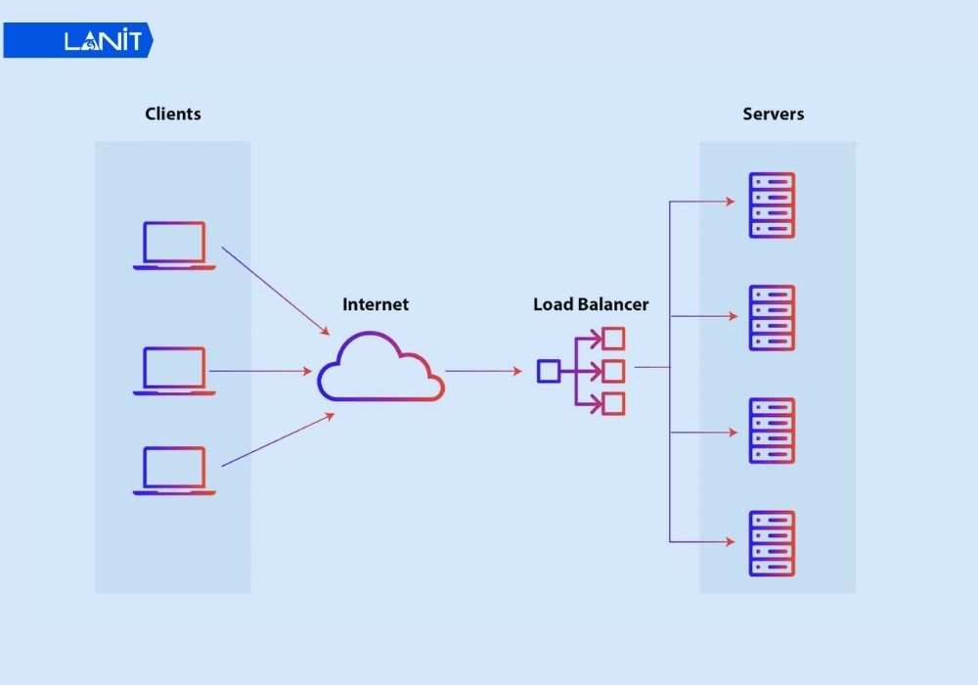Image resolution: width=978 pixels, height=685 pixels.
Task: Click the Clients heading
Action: click(173, 114)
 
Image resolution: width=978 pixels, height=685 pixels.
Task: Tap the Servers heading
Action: click(774, 114)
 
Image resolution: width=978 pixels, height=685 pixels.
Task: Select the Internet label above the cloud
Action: click(376, 304)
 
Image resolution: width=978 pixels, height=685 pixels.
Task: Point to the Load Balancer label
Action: click(591, 304)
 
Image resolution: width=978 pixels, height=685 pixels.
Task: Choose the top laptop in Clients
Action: click(174, 245)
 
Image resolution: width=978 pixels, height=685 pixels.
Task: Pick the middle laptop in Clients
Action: click(174, 370)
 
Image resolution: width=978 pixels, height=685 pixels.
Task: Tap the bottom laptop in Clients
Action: click(174, 471)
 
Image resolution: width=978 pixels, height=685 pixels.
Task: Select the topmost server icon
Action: click(772, 205)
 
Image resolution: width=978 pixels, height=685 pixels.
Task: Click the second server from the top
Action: click(772, 318)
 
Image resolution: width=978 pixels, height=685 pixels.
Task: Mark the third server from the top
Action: click(772, 431)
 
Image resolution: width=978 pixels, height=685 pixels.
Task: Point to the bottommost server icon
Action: click(772, 543)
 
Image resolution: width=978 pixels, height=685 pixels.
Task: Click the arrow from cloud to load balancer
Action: click(483, 371)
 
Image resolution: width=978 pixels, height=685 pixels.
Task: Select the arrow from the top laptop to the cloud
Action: click(276, 290)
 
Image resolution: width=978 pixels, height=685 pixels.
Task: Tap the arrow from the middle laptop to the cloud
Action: click(259, 371)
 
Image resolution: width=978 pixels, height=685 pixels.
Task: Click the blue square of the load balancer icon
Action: click(549, 371)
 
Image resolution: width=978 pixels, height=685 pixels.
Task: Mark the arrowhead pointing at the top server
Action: click(729, 202)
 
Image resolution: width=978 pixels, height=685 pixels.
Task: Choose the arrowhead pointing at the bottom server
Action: click(729, 540)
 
